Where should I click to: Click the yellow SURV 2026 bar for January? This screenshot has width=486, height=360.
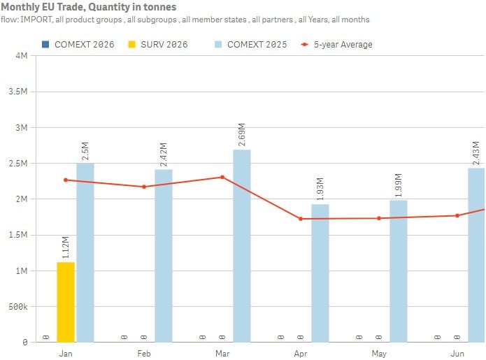[x=66, y=302]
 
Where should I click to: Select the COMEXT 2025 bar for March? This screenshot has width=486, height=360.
[x=242, y=245]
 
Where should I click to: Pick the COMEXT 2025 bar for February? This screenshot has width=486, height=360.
[x=164, y=255]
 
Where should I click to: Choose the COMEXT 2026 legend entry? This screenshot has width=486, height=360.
[x=78, y=45]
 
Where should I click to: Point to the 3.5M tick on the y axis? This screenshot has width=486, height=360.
[x=17, y=92]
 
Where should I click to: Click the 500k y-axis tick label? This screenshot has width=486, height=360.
[x=15, y=307]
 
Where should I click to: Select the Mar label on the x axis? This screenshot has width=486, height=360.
[x=222, y=354]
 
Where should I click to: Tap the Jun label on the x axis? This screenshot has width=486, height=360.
[x=457, y=354]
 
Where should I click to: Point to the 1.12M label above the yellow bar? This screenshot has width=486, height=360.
[x=66, y=248]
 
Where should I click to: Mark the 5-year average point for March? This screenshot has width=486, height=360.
[x=222, y=177]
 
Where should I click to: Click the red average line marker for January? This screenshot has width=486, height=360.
[x=66, y=180]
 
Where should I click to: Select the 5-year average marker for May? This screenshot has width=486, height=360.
[x=379, y=218]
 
